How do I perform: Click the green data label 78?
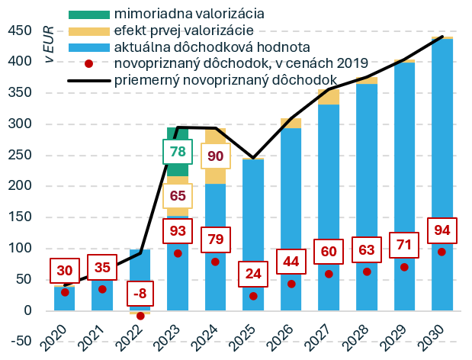point(178,152)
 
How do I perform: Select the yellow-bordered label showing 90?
point(215,156)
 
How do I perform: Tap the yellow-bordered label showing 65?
point(178,194)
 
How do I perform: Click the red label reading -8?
point(140,293)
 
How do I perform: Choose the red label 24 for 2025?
point(253,273)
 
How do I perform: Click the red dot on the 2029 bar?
point(404,267)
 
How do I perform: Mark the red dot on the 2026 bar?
point(291,284)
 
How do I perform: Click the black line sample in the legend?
point(89,80)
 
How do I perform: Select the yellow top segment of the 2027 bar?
point(329,97)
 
